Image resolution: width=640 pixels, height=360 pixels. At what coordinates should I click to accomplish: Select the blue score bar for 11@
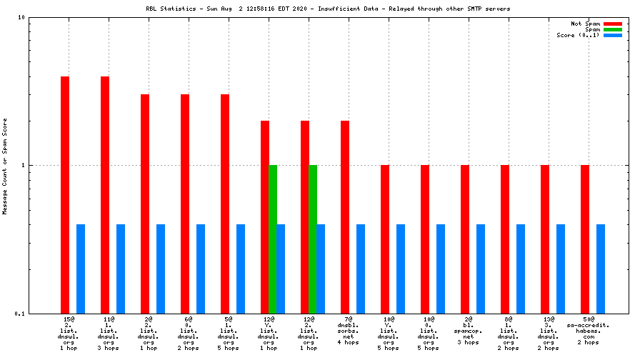coord(121,269)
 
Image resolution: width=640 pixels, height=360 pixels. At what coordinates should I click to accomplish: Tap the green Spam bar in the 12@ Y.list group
coord(273,239)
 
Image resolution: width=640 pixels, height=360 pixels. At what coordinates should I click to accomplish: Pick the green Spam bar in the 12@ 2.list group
coord(313,239)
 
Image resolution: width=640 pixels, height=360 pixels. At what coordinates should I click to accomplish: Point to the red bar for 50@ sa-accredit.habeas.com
coord(585,239)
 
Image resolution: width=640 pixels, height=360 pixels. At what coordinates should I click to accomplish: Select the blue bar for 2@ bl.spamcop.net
coord(481,269)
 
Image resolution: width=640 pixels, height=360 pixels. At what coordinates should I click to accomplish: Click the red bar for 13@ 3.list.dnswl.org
coord(545,239)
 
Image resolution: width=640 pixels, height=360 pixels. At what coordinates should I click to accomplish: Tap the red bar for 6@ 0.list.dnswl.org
coord(185,204)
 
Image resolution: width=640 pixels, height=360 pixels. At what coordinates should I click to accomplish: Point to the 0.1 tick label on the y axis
coord(20,314)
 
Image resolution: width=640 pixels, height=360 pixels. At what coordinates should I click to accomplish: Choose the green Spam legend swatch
coord(613,29)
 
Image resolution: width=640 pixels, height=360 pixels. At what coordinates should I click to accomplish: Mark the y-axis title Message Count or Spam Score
coord(5,166)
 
